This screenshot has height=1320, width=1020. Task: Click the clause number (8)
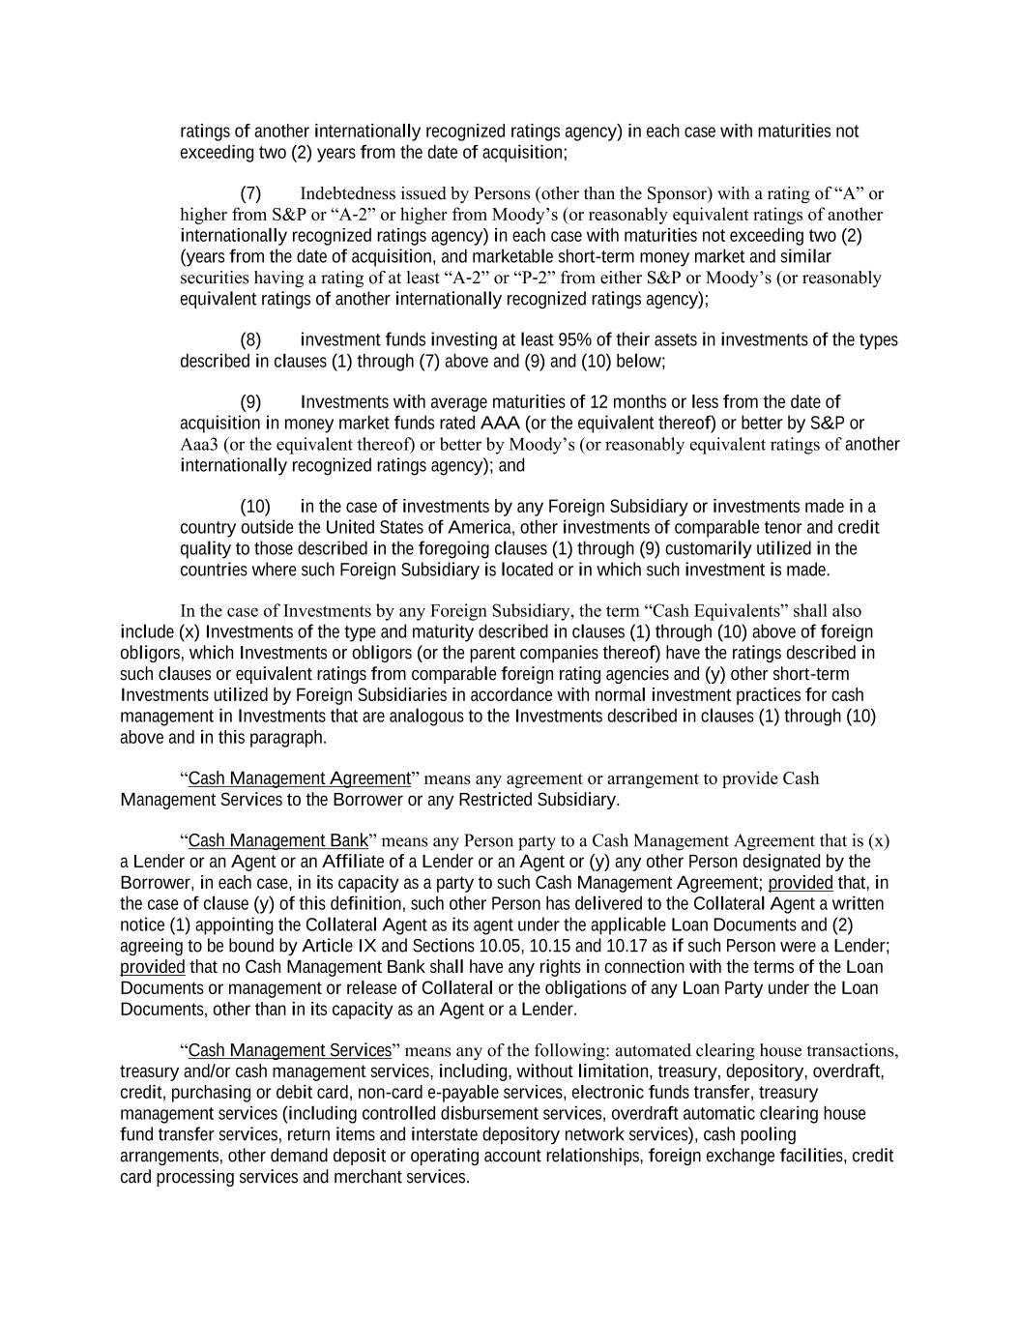[x=250, y=340]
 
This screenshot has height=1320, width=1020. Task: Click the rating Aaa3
[x=198, y=445]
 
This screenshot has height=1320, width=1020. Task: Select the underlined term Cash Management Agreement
[x=300, y=778]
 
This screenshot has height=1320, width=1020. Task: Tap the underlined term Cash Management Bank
[x=278, y=840]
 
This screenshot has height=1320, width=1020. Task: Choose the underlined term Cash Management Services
[x=290, y=1050]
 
